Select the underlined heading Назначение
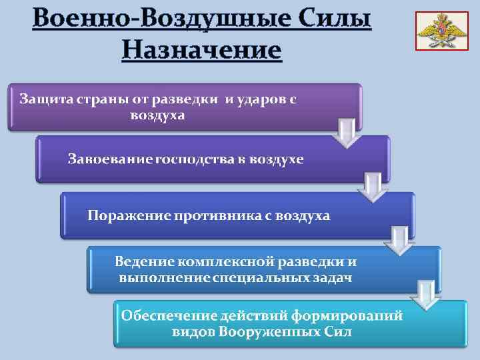tap(202, 49)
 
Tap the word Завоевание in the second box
tap(110, 159)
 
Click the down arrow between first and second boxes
tap(347, 133)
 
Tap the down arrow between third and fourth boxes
tap(399, 241)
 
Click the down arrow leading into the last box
tap(425, 295)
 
